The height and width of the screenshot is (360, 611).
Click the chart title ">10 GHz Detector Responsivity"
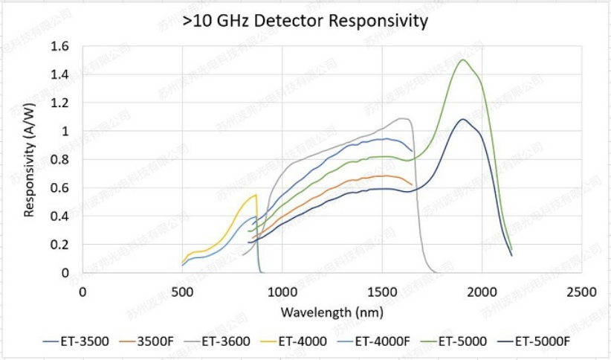click(x=305, y=21)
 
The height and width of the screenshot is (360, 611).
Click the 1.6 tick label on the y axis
click(x=59, y=47)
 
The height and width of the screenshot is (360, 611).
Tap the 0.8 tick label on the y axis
click(x=59, y=160)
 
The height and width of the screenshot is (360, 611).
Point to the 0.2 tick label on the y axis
click(x=59, y=245)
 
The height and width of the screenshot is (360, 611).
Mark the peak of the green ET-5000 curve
click(x=463, y=60)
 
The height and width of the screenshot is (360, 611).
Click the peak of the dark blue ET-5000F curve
click(x=462, y=119)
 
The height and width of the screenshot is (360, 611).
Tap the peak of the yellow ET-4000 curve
click(x=256, y=195)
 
